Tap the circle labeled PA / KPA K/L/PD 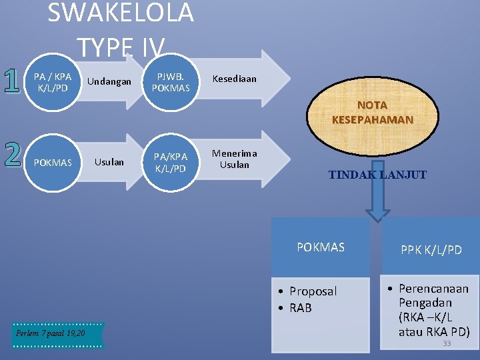[x=53, y=82]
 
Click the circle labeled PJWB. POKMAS [x=171, y=82]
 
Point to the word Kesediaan [x=234, y=79]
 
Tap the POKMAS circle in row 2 [x=53, y=163]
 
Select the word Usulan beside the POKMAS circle [x=109, y=161]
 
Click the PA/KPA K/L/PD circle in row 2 [x=171, y=163]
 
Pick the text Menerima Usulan [x=234, y=159]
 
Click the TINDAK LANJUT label [x=377, y=175]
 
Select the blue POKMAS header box [x=321, y=247]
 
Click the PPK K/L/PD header [x=431, y=250]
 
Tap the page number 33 [x=447, y=343]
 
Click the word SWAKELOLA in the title [x=121, y=12]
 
